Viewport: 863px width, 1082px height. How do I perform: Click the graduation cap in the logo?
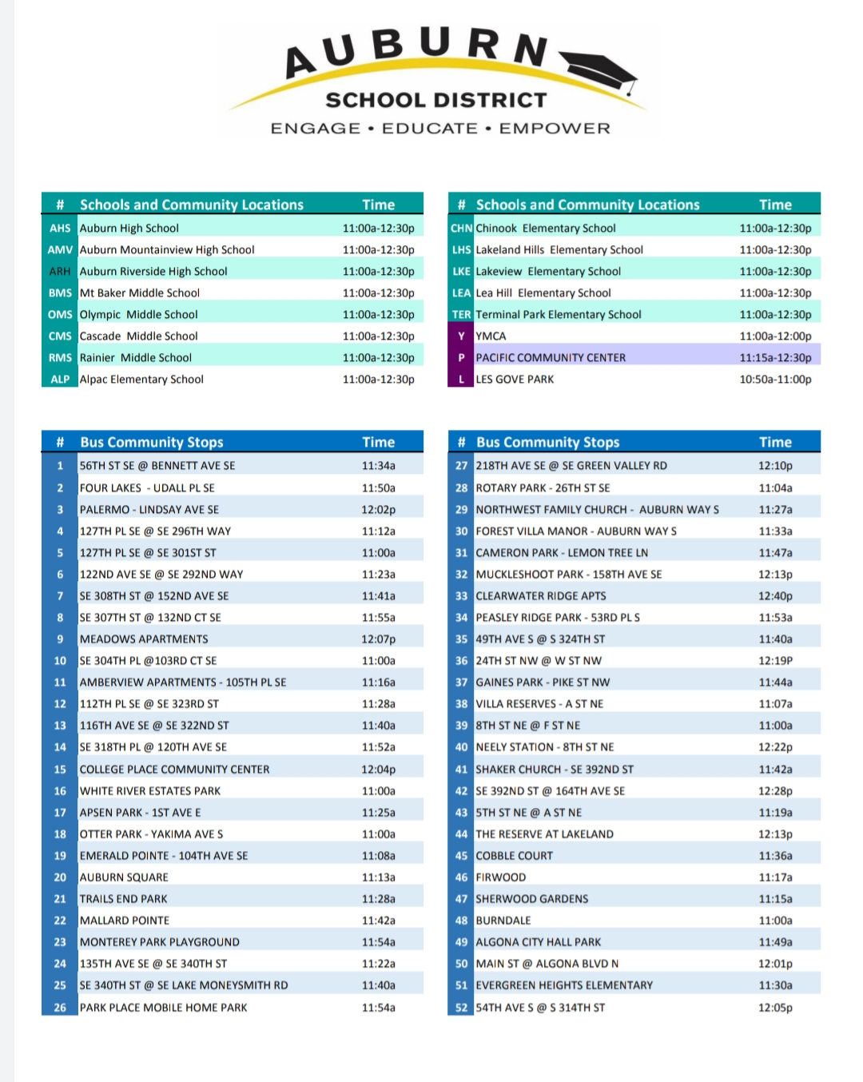point(599,71)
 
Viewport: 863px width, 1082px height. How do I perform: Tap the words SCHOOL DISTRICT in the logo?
point(436,100)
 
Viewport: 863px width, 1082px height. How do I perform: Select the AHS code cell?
point(60,229)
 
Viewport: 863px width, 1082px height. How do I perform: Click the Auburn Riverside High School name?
point(153,272)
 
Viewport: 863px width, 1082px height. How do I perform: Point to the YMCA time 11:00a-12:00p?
point(775,336)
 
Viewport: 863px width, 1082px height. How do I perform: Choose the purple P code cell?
point(461,357)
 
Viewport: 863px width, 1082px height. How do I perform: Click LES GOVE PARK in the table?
point(515,379)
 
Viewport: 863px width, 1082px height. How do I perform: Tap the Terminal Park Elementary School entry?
point(559,315)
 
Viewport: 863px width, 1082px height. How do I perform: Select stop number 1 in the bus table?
point(60,466)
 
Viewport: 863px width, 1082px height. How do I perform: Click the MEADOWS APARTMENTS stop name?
point(144,639)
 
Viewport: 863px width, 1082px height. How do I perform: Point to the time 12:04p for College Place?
point(378,770)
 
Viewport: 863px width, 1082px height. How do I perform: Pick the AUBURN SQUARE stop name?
point(124,877)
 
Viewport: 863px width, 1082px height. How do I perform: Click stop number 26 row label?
point(60,1008)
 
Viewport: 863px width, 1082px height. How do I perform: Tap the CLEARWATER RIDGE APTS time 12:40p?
point(775,596)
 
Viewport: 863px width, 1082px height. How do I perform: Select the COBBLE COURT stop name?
point(514,856)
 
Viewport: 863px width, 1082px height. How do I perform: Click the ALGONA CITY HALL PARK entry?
point(538,942)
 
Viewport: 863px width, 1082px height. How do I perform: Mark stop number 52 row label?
point(461,1008)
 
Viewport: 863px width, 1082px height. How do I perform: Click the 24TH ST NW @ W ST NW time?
point(775,661)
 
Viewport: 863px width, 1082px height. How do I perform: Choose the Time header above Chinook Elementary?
point(775,205)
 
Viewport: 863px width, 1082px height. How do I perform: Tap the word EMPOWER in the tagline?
point(555,128)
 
